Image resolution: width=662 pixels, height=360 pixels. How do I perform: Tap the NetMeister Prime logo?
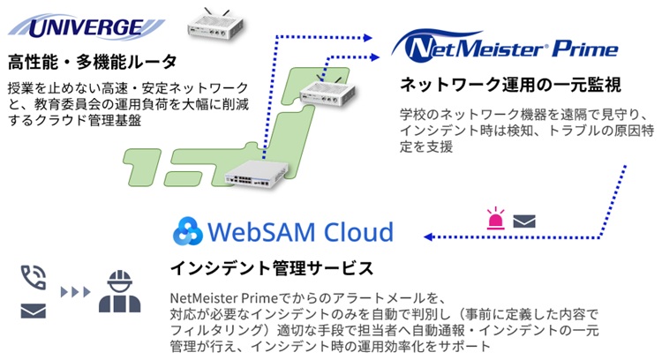504,46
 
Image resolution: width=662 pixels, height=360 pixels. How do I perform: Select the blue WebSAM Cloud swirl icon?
188,231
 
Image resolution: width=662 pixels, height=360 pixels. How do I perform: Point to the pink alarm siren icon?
495,218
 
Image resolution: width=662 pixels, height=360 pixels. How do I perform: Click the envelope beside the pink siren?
524,221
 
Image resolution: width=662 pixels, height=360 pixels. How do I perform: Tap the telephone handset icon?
34,277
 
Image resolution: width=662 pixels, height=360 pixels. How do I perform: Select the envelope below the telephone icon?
34,311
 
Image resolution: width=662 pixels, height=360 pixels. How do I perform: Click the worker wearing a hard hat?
120,291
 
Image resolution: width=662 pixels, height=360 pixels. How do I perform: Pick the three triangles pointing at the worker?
76,292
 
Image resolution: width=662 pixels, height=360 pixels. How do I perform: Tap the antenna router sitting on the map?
327,93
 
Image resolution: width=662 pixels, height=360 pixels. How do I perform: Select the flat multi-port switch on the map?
256,174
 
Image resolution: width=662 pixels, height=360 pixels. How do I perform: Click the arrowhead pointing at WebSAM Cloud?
428,236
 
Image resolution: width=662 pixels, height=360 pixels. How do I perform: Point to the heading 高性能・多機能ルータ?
92,62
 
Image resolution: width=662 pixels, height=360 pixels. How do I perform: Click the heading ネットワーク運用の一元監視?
510,85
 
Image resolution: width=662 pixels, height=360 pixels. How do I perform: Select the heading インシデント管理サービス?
272,268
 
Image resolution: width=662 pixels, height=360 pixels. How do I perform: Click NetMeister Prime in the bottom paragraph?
224,298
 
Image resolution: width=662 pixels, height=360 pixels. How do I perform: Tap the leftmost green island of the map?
142,167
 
